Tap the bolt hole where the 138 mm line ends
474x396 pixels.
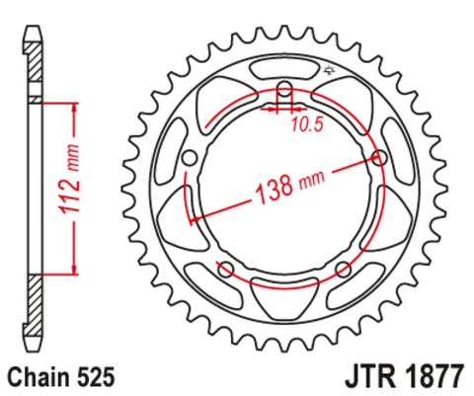[x=379, y=157]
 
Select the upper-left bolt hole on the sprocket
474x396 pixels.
[x=190, y=157]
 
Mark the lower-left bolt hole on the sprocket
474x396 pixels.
[x=225, y=269]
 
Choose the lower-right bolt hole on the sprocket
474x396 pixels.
[x=344, y=269]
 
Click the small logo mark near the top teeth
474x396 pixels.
[x=329, y=70]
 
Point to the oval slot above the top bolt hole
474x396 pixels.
[x=284, y=69]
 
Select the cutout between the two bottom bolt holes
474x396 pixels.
[x=284, y=292]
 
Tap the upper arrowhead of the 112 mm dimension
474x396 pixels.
[x=73, y=105]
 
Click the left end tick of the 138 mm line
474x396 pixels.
[x=194, y=217]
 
